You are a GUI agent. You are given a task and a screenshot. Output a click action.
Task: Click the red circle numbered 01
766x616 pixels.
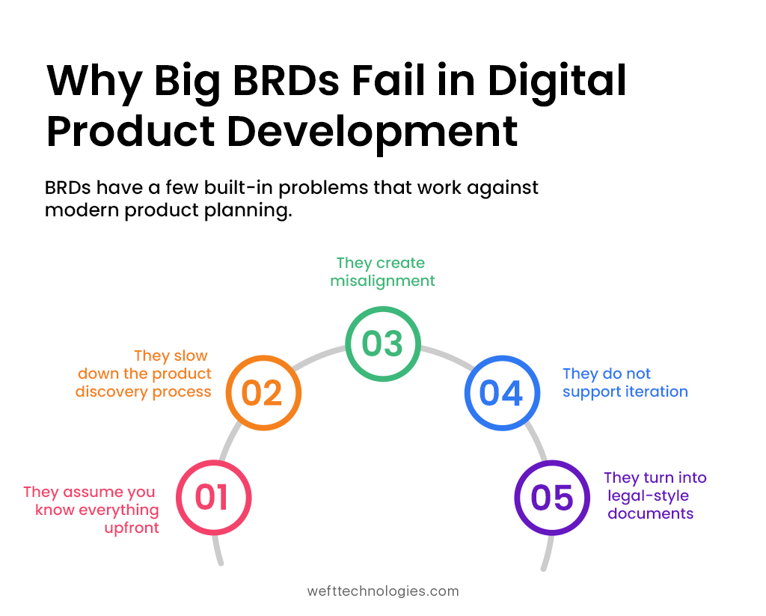pos(213,498)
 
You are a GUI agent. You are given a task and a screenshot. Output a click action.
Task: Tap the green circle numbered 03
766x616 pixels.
pos(382,344)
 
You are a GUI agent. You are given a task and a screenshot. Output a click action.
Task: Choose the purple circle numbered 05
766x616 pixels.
pos(551,498)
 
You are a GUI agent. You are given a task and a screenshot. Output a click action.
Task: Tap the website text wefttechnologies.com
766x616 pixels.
pos(383,591)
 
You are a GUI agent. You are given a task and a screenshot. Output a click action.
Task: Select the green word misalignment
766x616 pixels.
pos(382,281)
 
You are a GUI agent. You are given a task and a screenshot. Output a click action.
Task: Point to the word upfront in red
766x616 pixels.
pos(132,528)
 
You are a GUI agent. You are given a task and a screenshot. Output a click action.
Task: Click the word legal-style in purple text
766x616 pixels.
pos(649,495)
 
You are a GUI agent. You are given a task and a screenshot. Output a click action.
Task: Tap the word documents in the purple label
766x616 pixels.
pos(651,513)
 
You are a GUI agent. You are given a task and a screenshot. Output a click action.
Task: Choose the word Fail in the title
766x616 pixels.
pos(414,82)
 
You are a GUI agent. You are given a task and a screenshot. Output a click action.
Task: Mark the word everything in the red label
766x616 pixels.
pos(119,510)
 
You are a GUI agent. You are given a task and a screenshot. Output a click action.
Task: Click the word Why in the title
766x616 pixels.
pos(94,82)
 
